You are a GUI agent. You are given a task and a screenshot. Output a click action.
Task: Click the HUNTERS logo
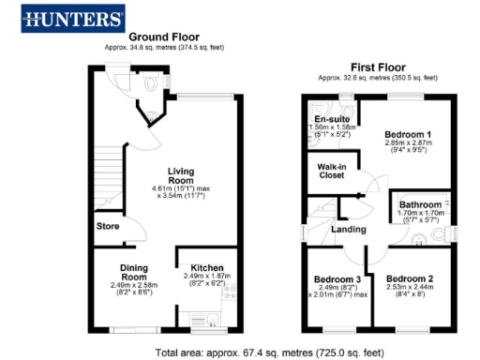tap(74, 18)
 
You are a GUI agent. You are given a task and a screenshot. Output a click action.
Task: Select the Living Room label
tap(180, 175)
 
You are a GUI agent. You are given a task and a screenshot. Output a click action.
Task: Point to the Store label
tap(107, 226)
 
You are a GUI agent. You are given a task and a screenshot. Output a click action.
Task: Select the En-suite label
tap(331, 120)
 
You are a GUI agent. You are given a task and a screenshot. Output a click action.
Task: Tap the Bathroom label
tap(419, 203)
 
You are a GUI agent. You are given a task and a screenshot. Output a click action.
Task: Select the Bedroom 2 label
tap(408, 279)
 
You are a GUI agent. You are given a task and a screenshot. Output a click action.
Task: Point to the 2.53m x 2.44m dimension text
tap(408, 290)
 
